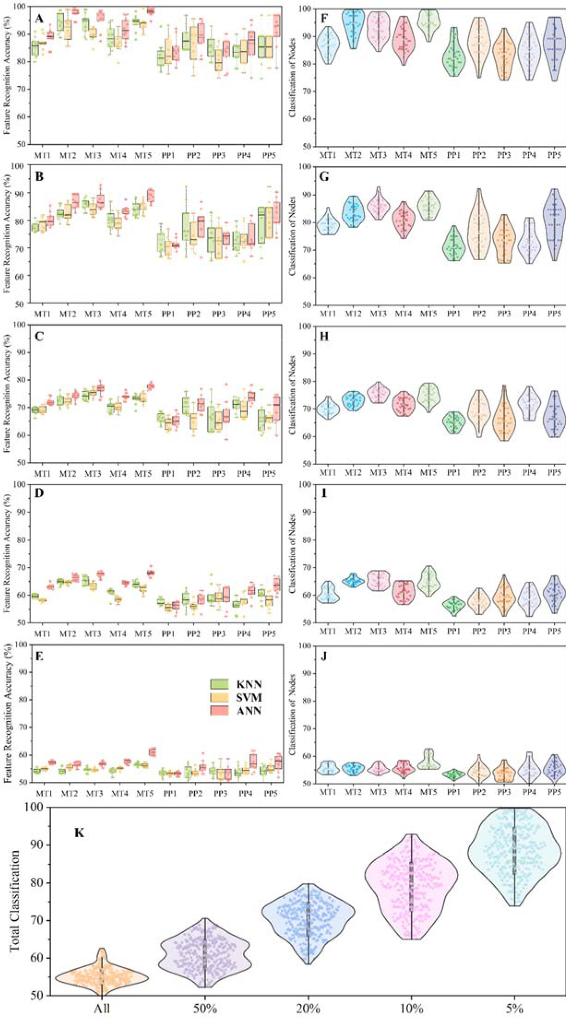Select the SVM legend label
[249, 697]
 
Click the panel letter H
[324, 336]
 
